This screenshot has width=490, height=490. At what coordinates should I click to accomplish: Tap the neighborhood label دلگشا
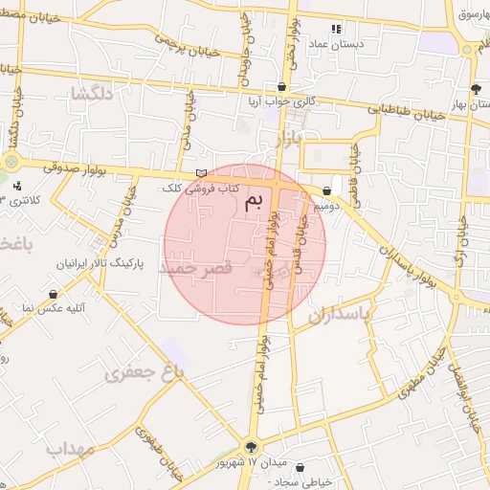click(93, 93)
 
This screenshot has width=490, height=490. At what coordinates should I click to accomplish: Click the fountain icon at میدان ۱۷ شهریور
click(252, 446)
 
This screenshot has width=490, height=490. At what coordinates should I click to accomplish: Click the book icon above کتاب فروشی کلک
click(200, 172)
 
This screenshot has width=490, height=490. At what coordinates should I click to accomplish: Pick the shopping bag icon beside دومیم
click(328, 190)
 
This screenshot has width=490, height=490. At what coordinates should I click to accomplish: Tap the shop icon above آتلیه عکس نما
click(53, 294)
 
